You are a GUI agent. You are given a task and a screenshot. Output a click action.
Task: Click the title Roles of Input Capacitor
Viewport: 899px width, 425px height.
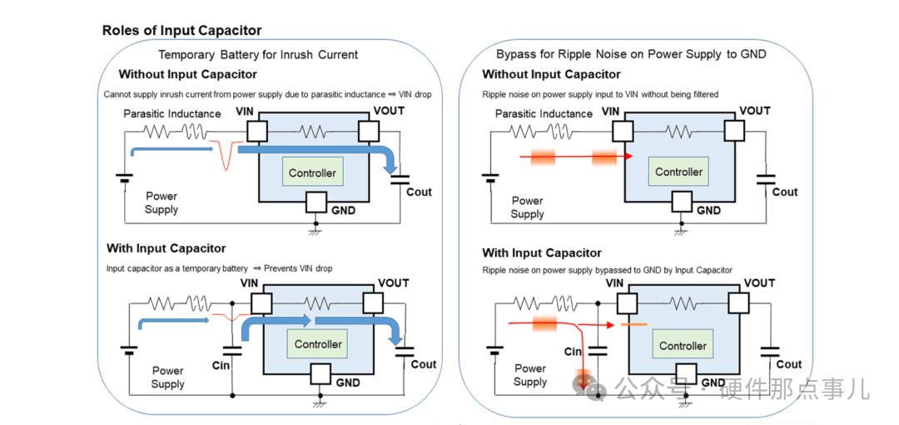click(x=181, y=31)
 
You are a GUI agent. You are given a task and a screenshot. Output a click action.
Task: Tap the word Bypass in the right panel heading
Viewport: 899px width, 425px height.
click(x=513, y=55)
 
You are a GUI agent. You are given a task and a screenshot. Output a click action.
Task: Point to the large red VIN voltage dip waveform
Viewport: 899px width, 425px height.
click(x=226, y=154)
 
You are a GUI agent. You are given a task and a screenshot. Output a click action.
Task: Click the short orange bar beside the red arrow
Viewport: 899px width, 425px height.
click(x=633, y=325)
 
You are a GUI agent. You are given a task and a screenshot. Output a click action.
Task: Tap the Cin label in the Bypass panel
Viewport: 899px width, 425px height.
click(x=573, y=352)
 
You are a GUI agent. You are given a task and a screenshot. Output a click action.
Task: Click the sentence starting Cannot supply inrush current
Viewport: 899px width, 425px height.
click(x=267, y=94)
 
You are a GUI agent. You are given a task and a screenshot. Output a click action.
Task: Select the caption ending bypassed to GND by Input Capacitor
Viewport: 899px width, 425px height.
click(x=607, y=269)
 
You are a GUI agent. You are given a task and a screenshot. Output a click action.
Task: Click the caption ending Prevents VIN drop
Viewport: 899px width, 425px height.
click(x=220, y=268)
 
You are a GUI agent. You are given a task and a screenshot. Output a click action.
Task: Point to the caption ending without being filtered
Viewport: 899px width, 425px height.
click(x=600, y=94)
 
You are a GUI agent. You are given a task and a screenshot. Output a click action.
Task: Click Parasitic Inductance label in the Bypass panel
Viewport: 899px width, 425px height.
click(x=544, y=113)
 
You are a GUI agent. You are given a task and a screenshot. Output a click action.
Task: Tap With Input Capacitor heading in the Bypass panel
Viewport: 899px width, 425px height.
click(x=542, y=252)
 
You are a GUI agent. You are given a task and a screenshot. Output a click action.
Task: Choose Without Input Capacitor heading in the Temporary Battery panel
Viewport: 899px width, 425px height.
click(x=187, y=75)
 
